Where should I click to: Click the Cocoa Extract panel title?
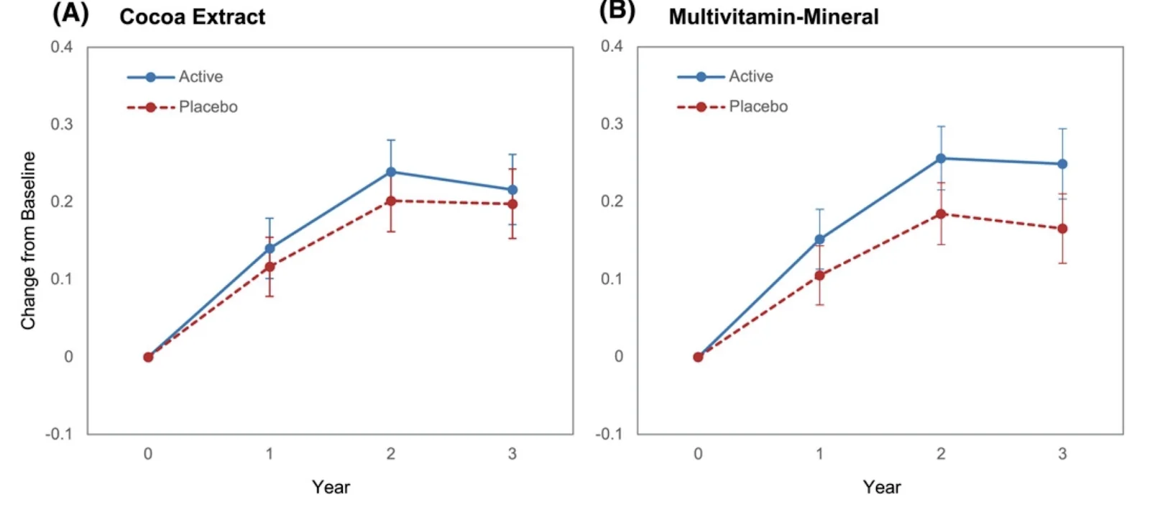pyautogui.click(x=192, y=17)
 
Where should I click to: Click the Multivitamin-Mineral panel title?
pyautogui.click(x=773, y=17)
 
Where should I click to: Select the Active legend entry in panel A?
pyautogui.click(x=200, y=77)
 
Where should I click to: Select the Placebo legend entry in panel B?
pyautogui.click(x=758, y=106)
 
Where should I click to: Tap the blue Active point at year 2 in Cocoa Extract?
pyautogui.click(x=391, y=172)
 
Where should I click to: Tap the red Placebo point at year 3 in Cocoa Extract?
pyautogui.click(x=512, y=204)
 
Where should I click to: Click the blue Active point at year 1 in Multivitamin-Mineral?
pyautogui.click(x=819, y=240)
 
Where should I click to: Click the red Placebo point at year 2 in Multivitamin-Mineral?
pyautogui.click(x=941, y=214)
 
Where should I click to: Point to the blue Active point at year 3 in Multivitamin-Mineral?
pyautogui.click(x=1062, y=164)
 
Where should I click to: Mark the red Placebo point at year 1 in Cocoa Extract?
pyautogui.click(x=270, y=267)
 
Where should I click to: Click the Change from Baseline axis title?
pyautogui.click(x=28, y=241)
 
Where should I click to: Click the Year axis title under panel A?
pyautogui.click(x=331, y=487)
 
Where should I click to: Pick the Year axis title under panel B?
pyautogui.click(x=881, y=487)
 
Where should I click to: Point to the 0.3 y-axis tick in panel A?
pyautogui.click(x=61, y=124)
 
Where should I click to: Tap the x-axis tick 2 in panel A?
pyautogui.click(x=391, y=454)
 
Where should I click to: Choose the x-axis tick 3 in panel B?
pyautogui.click(x=1062, y=454)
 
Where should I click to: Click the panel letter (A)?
pyautogui.click(x=70, y=14)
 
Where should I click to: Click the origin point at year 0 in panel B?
pyautogui.click(x=698, y=357)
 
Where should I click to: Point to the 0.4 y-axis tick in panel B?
pyautogui.click(x=612, y=46)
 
